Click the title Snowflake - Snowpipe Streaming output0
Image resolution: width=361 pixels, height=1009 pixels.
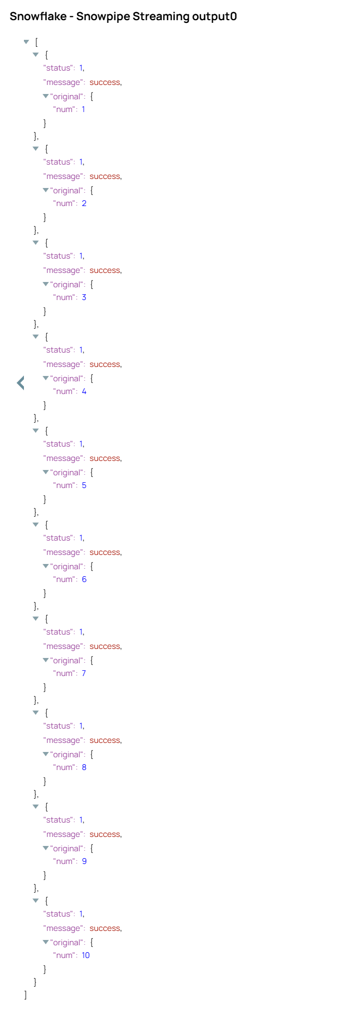123,16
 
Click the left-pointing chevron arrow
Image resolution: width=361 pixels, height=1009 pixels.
21,382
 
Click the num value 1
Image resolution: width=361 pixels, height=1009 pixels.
83,109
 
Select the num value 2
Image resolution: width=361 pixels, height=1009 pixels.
84,203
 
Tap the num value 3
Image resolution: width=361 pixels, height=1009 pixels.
84,297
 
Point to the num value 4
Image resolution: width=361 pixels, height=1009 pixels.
84,391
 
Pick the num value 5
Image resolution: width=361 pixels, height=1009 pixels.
84,485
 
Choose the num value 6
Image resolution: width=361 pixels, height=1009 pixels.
84,579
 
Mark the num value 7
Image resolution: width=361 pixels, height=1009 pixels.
84,673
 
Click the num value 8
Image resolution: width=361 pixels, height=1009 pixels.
84,767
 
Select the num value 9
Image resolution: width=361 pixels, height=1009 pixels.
84,861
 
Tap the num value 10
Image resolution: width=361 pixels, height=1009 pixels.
86,955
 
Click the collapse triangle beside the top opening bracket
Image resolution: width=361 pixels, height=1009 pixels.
26,42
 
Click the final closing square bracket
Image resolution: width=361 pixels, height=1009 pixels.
26,995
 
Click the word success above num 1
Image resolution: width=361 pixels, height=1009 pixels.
105,82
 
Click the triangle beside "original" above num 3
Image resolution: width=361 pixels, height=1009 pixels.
46,284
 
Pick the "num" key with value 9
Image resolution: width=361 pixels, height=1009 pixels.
65,861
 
